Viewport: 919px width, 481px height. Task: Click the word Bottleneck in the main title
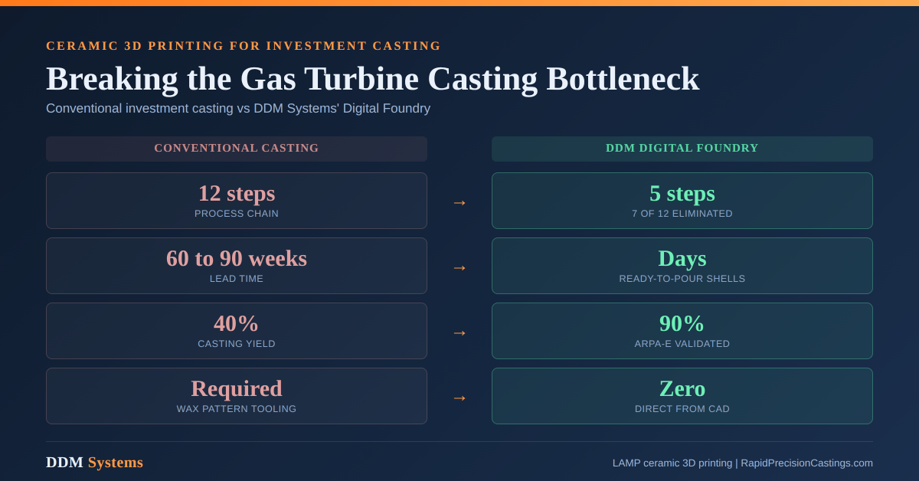[623, 79]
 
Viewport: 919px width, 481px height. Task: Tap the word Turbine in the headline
[361, 79]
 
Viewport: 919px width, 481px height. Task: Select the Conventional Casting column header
[237, 148]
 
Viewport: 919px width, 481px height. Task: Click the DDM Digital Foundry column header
[682, 148]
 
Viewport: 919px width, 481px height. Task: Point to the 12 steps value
[237, 194]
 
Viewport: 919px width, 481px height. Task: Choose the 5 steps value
[682, 194]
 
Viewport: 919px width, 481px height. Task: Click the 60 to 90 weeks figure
[237, 259]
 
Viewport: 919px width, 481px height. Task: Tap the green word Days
[682, 260]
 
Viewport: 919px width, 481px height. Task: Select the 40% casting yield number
[236, 324]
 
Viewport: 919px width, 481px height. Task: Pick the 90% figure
[682, 324]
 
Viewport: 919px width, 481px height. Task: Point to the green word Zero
[682, 388]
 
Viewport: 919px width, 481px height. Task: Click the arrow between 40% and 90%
[459, 333]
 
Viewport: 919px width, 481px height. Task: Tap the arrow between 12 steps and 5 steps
[459, 203]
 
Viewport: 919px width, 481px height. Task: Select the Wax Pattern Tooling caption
[237, 409]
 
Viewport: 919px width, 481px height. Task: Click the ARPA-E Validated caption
[682, 344]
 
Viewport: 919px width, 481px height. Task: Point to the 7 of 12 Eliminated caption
[682, 214]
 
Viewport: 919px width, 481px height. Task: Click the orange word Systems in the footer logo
[116, 463]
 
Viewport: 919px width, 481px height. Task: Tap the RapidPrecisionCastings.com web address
[806, 463]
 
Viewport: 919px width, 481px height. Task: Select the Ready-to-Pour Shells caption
[682, 279]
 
